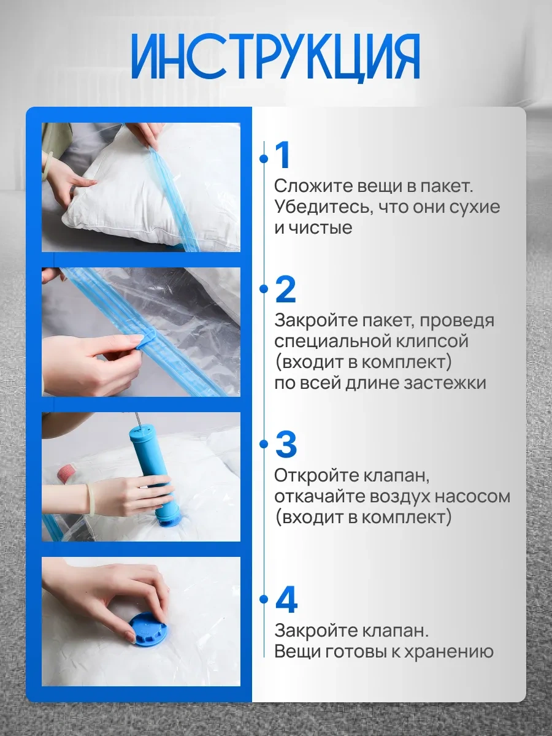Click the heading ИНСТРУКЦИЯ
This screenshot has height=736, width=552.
pyautogui.click(x=275, y=56)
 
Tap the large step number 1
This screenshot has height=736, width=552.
pyautogui.click(x=283, y=156)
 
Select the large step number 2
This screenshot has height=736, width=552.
pyautogui.click(x=286, y=289)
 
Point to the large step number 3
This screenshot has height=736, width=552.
pyautogui.click(x=286, y=445)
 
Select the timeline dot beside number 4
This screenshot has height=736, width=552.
pyautogui.click(x=264, y=599)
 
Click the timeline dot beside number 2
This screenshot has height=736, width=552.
pyautogui.click(x=264, y=289)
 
